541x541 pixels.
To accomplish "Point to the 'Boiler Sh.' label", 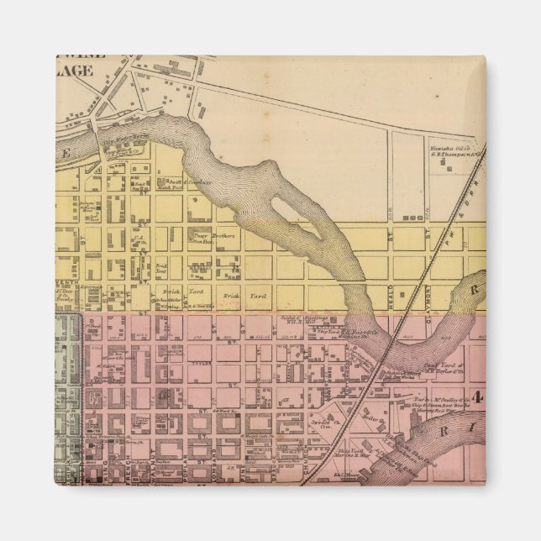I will coord(370,413).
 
